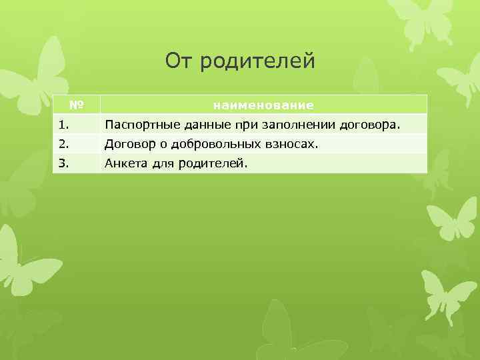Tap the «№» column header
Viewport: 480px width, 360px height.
coord(76,105)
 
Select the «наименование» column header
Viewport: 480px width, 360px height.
coord(263,105)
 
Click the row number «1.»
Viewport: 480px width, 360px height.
coord(63,124)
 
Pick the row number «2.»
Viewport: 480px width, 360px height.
coord(63,143)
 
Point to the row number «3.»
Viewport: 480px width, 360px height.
coord(63,163)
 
